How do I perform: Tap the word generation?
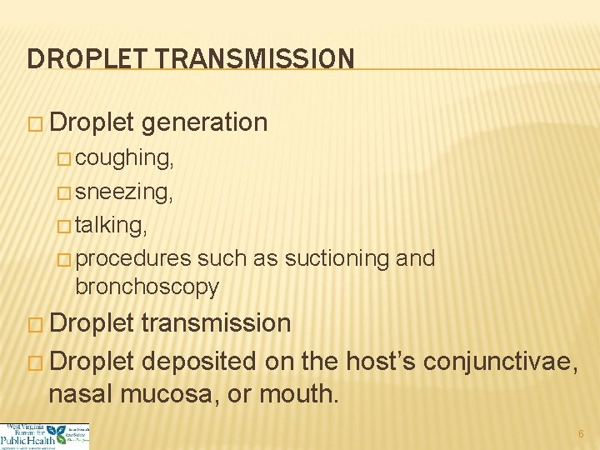[204, 122]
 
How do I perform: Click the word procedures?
[133, 259]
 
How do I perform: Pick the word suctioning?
[337, 258]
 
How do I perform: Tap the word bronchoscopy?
[147, 287]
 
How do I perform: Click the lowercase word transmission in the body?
[216, 323]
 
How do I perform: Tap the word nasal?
[79, 393]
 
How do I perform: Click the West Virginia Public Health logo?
[45, 436]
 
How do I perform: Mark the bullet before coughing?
[66, 158]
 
